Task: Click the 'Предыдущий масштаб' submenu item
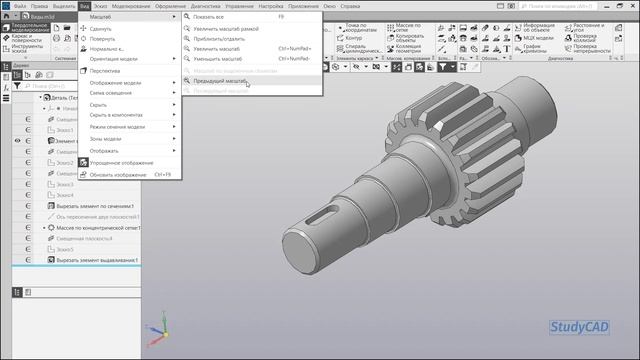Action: pyautogui.click(x=220, y=81)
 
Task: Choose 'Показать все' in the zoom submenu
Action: pyautogui.click(x=214, y=17)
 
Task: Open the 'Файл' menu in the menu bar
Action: pyautogui.click(x=21, y=6)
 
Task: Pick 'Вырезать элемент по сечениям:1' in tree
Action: pyautogui.click(x=95, y=205)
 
